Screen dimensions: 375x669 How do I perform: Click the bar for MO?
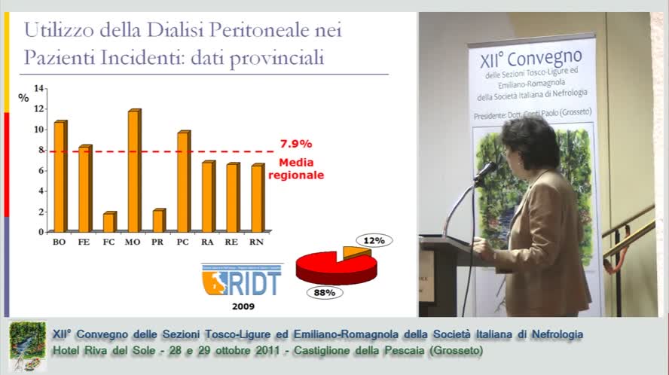tap(134, 171)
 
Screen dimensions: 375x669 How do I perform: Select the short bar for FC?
tap(109, 222)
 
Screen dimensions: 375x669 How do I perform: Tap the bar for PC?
tap(183, 181)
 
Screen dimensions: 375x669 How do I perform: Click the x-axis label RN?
tap(258, 242)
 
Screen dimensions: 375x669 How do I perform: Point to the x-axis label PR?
tap(158, 242)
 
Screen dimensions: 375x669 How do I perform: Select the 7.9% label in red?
tap(295, 144)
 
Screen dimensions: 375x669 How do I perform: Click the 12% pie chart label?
tap(375, 240)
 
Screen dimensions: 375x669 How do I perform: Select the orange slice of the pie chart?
tap(355, 252)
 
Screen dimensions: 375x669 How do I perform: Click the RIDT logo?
tap(241, 281)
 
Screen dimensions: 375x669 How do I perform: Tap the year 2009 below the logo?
tap(242, 306)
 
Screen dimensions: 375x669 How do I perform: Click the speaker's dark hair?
tap(530, 139)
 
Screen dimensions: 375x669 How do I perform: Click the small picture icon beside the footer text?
tap(27, 346)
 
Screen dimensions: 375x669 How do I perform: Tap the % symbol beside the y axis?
tap(23, 97)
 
